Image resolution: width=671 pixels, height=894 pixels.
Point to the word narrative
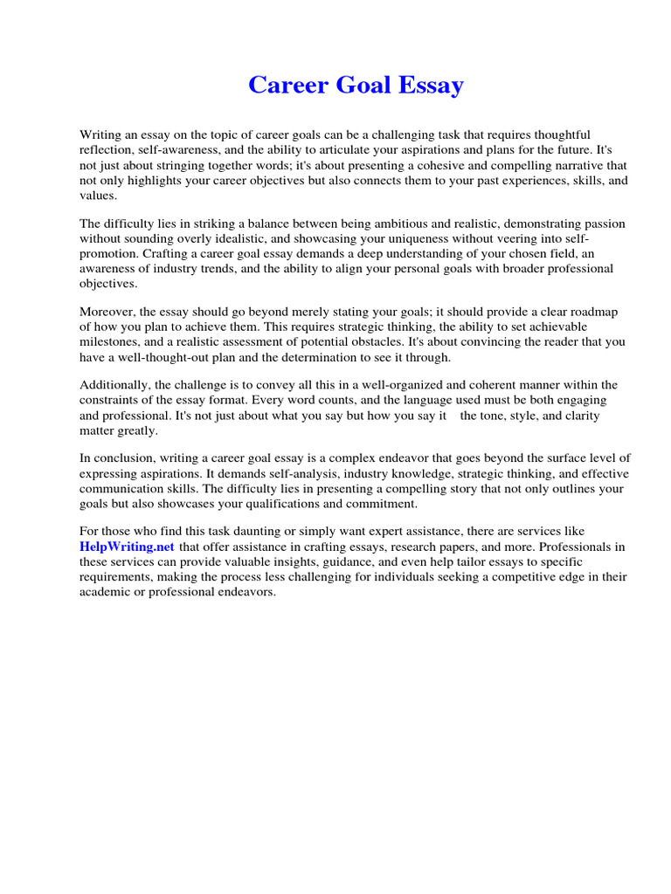pos(543,166)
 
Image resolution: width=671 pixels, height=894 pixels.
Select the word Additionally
pos(114,385)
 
